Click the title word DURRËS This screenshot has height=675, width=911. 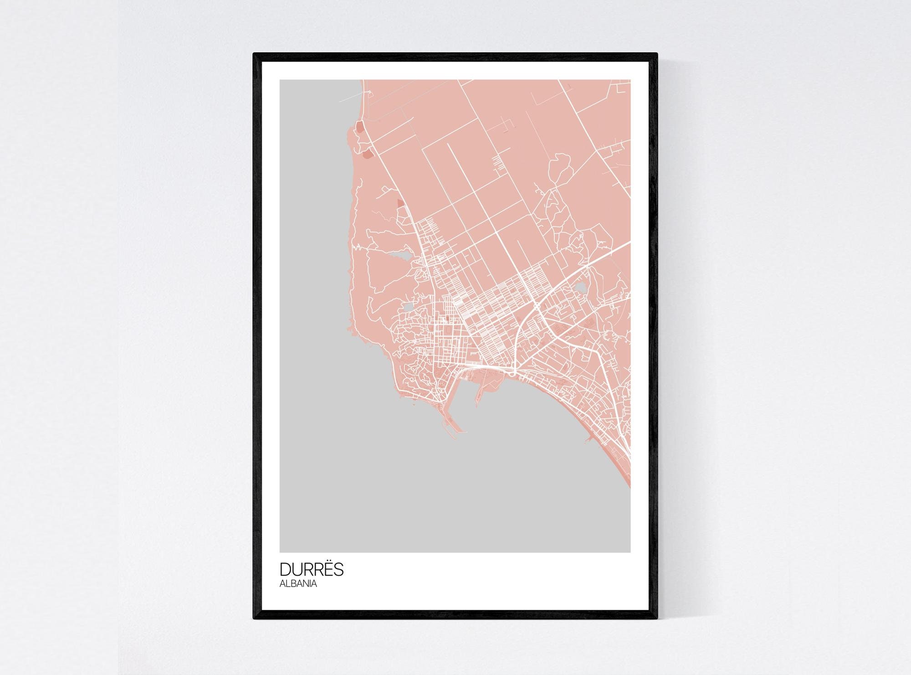pyautogui.click(x=312, y=570)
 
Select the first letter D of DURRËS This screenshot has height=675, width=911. pyautogui.click(x=285, y=570)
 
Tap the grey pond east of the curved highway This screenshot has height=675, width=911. pyautogui.click(x=581, y=287)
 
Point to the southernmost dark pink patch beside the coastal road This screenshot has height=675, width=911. pyautogui.click(x=400, y=203)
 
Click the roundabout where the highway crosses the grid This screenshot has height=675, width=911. pyautogui.click(x=537, y=306)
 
